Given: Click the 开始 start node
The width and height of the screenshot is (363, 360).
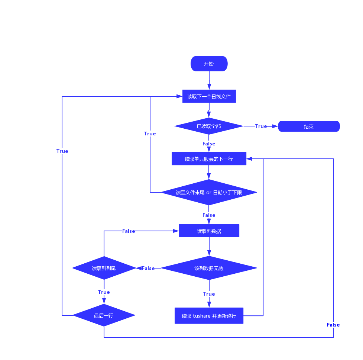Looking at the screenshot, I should click(x=209, y=64).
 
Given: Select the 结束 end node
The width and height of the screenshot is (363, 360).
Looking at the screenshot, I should click(x=309, y=126).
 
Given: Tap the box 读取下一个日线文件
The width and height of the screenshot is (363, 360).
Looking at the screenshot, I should click(x=209, y=96).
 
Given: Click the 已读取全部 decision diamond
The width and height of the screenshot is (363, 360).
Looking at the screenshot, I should click(x=208, y=126).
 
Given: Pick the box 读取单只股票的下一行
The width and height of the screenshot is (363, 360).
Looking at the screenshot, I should click(x=209, y=159).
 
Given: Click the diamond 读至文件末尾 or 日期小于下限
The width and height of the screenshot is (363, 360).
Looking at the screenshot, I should click(x=208, y=192).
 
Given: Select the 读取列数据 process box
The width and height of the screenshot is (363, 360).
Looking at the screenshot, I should click(x=209, y=231).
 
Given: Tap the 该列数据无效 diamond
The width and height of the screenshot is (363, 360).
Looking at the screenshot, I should click(x=208, y=268).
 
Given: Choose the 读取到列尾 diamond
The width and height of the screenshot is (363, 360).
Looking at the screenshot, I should click(x=104, y=268).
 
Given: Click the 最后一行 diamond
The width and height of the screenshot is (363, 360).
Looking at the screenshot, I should click(x=104, y=315).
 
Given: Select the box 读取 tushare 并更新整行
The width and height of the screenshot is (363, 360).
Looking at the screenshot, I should click(x=209, y=316).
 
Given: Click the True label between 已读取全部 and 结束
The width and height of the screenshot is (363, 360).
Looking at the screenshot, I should click(x=261, y=126).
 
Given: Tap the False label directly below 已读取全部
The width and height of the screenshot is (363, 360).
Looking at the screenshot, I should click(x=209, y=144).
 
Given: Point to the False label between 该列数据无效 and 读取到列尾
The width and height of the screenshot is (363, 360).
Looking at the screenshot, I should click(x=148, y=268).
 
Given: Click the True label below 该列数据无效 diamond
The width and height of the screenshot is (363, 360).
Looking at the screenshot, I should click(x=209, y=294).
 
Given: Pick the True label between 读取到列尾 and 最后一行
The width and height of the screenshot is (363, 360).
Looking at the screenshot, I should click(x=104, y=292).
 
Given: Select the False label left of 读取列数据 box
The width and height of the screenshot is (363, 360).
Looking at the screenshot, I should click(x=129, y=231).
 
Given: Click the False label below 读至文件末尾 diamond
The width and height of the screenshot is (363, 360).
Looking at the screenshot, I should click(x=209, y=215).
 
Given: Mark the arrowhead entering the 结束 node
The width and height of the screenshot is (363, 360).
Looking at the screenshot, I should click(x=275, y=126).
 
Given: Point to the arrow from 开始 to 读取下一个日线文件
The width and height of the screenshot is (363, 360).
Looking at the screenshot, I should click(x=209, y=80).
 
